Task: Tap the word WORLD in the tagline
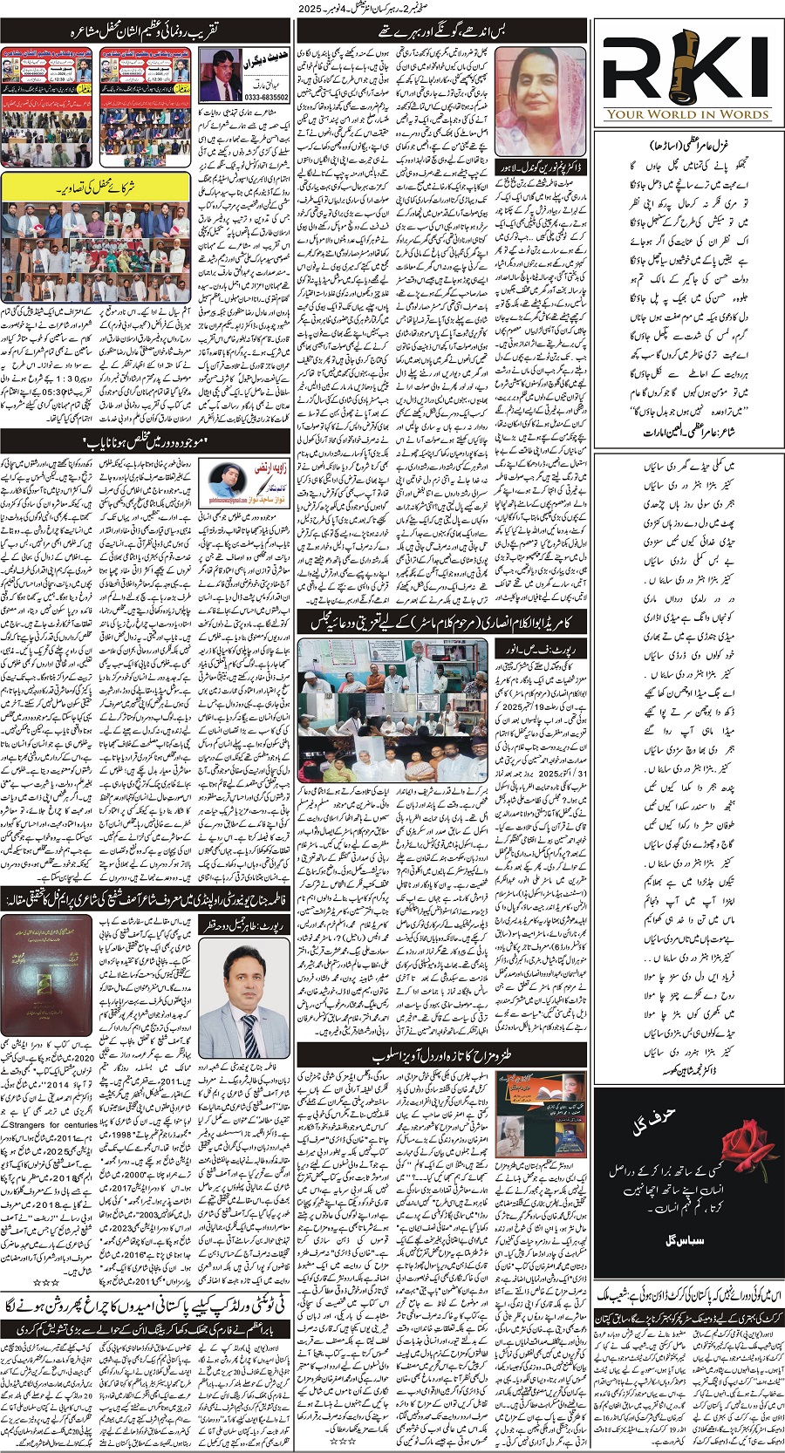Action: [683, 113]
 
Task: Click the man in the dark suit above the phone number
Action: [221, 75]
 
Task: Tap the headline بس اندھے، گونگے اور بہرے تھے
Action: [441, 31]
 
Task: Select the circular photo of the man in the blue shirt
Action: [229, 482]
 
